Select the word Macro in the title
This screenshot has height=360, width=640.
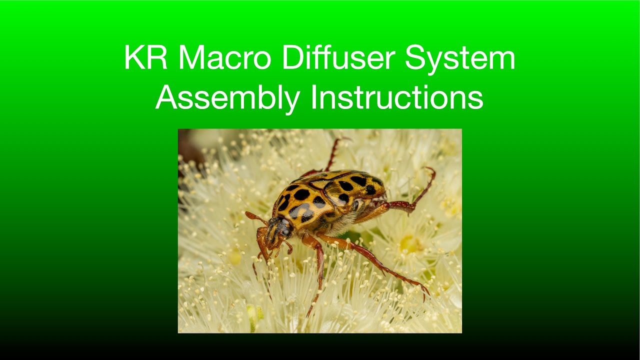click(224, 58)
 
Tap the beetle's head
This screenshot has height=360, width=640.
click(276, 231)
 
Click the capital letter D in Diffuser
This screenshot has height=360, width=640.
click(290, 58)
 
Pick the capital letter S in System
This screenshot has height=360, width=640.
click(414, 58)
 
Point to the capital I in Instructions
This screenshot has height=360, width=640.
click(313, 98)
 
